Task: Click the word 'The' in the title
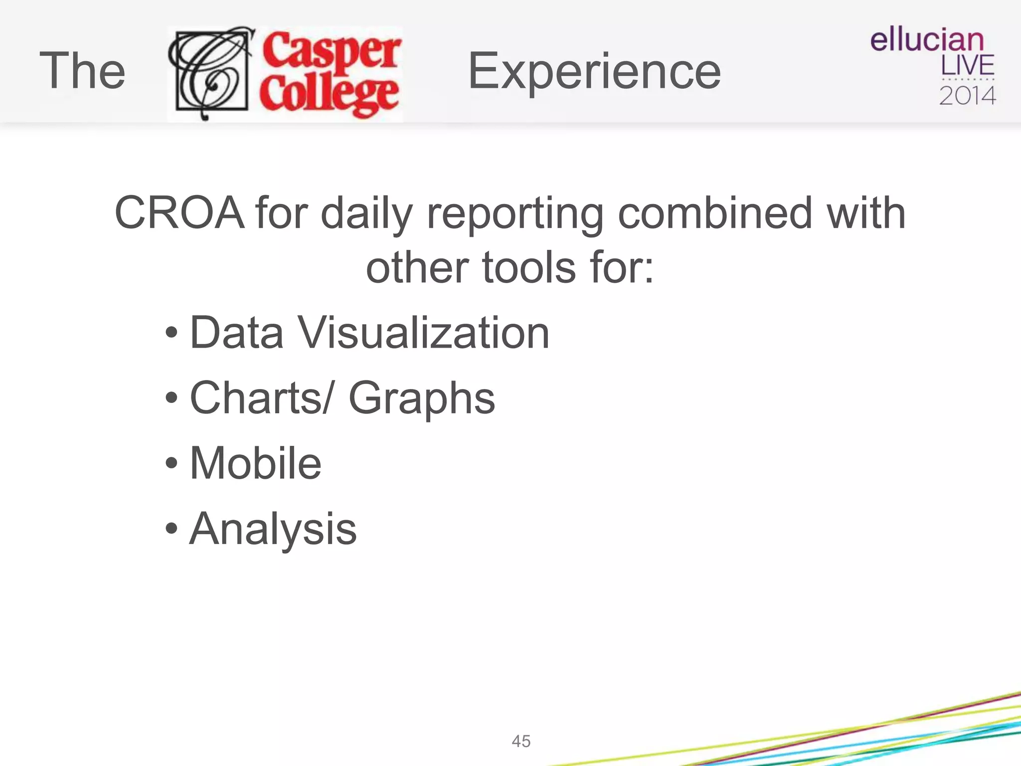point(82,71)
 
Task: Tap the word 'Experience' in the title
point(594,72)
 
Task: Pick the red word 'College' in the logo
point(329,95)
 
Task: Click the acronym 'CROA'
point(179,213)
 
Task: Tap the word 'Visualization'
point(423,333)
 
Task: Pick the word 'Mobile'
point(256,463)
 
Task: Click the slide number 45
point(521,741)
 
